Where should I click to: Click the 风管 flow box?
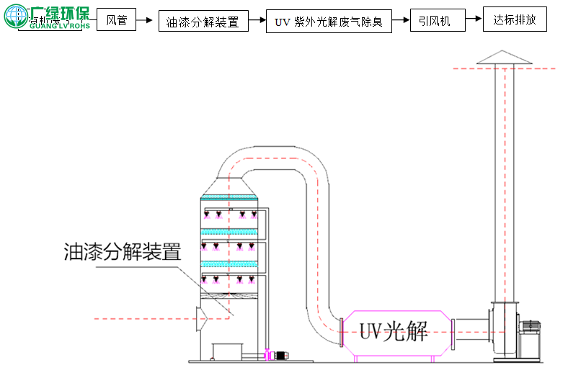click(117, 20)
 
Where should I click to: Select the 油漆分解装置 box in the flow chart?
click(203, 22)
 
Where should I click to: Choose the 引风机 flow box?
click(435, 21)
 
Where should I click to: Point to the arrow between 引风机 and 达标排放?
click(473, 20)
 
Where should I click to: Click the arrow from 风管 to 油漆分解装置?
click(147, 21)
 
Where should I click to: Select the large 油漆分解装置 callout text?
click(122, 251)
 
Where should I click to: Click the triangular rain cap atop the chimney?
click(505, 57)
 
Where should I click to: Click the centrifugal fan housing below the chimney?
click(505, 328)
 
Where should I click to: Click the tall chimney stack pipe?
click(505, 180)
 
